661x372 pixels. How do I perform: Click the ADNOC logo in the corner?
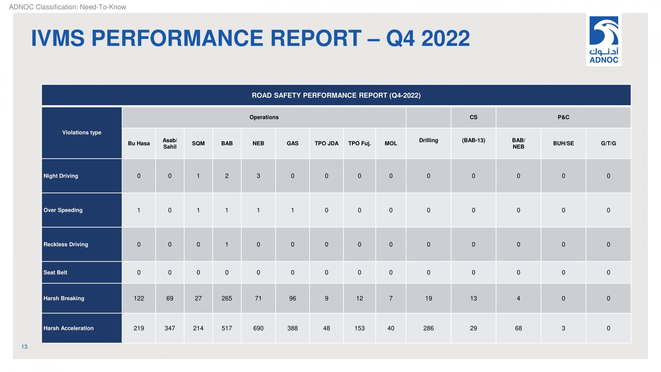[x=604, y=40]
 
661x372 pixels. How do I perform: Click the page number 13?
[x=24, y=347]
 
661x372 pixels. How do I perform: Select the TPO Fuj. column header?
[x=359, y=143]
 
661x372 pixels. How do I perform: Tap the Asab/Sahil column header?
[x=170, y=143]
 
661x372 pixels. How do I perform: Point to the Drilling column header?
[x=428, y=140]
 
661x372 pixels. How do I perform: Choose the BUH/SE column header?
[x=563, y=143]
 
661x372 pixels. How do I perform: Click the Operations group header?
[x=264, y=117]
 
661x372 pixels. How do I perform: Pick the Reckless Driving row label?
[x=66, y=244]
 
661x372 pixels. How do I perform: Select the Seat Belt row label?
[x=55, y=273]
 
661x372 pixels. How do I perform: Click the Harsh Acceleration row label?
[x=68, y=328]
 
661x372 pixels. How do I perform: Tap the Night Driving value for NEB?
[x=258, y=176]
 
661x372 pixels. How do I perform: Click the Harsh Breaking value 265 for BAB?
[x=227, y=298]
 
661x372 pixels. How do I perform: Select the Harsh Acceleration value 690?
[x=258, y=328]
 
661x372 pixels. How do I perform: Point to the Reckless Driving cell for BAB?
[x=227, y=244]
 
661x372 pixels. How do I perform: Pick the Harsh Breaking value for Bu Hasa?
[x=139, y=298]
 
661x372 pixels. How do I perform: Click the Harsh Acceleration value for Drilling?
[x=428, y=328]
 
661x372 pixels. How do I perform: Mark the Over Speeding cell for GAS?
[x=293, y=210]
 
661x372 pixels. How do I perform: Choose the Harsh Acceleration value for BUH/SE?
[x=563, y=328]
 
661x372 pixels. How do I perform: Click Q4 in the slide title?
[x=400, y=38]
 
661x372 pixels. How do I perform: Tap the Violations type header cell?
[x=82, y=133]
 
